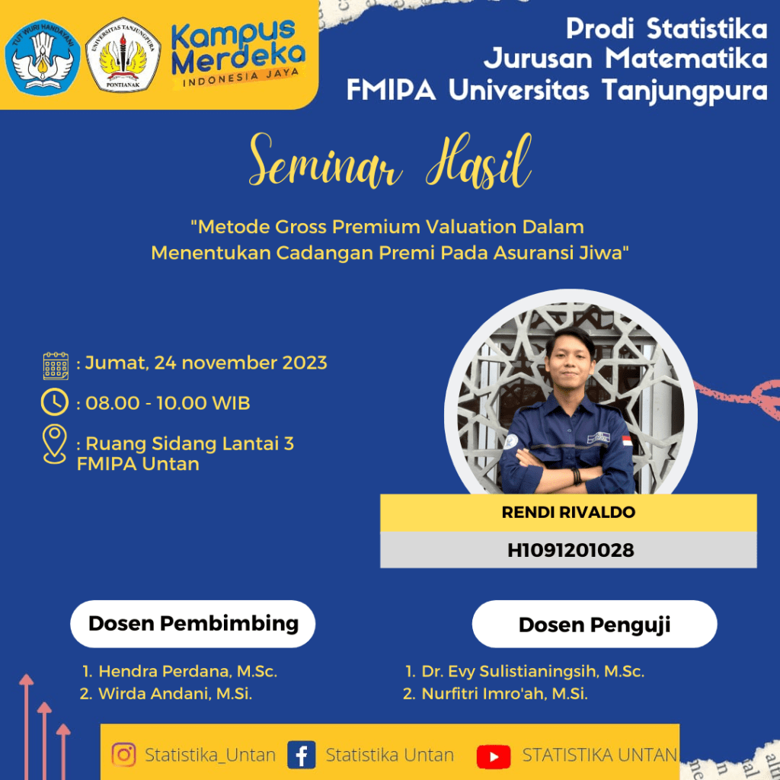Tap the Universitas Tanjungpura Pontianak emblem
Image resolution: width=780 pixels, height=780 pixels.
click(123, 55)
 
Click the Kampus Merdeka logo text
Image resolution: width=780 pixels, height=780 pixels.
click(238, 53)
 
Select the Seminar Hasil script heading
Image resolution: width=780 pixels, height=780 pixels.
click(390, 161)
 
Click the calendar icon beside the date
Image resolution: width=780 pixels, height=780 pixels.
click(56, 366)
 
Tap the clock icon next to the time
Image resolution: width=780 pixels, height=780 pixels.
click(55, 402)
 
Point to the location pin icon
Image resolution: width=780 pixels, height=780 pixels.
click(55, 444)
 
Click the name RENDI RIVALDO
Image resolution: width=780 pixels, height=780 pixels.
click(568, 513)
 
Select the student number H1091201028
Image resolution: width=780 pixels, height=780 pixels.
click(571, 550)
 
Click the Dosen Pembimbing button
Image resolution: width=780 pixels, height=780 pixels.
click(193, 624)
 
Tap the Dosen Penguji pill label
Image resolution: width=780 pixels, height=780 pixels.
click(594, 625)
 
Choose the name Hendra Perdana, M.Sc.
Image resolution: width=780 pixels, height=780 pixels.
click(187, 672)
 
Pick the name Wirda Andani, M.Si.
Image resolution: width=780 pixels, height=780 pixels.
click(175, 693)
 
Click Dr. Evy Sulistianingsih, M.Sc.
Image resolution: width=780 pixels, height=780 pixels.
click(532, 672)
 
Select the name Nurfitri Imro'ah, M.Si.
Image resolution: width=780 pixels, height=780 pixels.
click(504, 693)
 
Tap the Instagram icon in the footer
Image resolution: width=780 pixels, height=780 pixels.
click(124, 755)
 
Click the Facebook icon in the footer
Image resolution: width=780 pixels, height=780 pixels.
click(302, 755)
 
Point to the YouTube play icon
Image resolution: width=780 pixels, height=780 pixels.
click(494, 756)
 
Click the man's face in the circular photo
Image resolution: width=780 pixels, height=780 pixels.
click(570, 360)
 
